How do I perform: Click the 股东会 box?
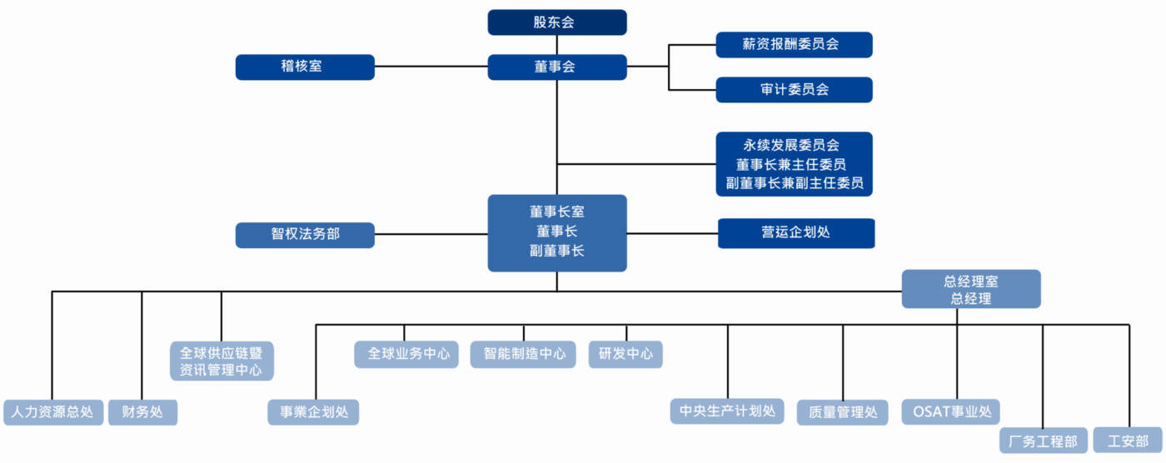tap(556, 22)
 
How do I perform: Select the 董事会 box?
tap(556, 67)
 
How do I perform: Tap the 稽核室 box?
tap(305, 67)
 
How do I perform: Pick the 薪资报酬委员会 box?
tap(794, 45)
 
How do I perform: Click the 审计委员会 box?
tap(794, 89)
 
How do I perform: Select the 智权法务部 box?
tap(305, 235)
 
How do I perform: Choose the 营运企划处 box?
tap(795, 233)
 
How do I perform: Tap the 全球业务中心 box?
tap(406, 354)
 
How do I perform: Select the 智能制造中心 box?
tap(524, 354)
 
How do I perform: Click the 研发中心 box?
tap(625, 354)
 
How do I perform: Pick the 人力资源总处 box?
tap(52, 412)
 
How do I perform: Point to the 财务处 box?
tap(142, 412)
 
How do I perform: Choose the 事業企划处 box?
tap(313, 412)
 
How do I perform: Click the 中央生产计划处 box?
tap(727, 411)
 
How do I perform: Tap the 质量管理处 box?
tap(843, 412)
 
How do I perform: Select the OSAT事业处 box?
tap(950, 411)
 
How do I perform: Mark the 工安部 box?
tap(1126, 441)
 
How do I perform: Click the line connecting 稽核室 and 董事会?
tap(431, 67)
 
